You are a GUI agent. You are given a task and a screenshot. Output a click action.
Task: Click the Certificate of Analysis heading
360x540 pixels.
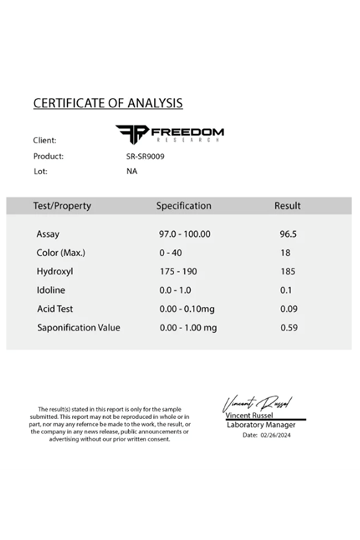point(108,103)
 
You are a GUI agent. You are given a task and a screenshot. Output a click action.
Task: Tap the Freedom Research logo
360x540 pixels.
point(170,132)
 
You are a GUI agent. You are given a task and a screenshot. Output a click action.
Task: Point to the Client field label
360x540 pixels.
point(45,140)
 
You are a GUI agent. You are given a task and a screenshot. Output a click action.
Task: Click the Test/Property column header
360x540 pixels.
point(62,206)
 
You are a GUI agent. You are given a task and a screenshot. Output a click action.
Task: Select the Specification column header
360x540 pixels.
point(184,206)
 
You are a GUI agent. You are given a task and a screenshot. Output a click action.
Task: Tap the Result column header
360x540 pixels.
point(287,206)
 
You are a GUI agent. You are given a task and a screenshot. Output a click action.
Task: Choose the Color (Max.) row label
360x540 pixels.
point(60,253)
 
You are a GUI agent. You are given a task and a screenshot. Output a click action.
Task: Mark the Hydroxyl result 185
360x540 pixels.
point(287,271)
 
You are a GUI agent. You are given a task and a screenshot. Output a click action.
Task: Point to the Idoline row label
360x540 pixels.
point(51,290)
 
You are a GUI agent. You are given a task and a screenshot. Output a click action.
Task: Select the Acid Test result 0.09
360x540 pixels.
point(288,309)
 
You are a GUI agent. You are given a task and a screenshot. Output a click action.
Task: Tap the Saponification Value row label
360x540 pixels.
point(78,328)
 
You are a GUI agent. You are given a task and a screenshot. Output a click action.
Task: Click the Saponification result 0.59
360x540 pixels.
point(288,328)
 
